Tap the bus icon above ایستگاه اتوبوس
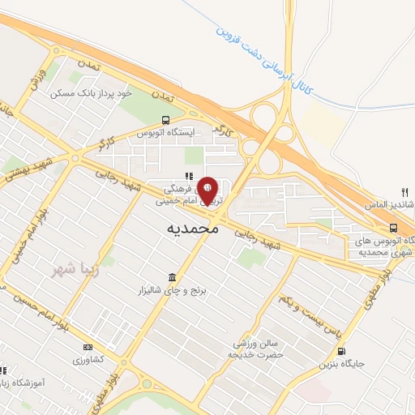[165, 119]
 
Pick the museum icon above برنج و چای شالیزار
[171, 276]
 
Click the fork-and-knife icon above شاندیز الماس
[404, 192]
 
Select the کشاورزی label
[87, 359]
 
